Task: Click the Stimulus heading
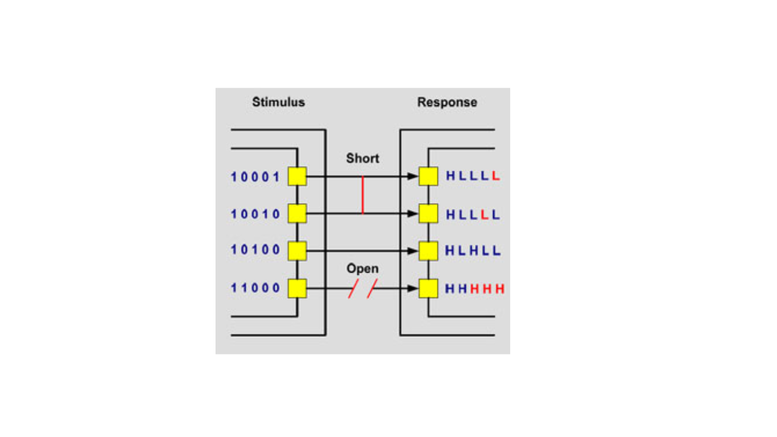(279, 102)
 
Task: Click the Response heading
(447, 102)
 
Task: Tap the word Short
(362, 158)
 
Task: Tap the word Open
(362, 269)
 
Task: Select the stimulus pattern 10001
(255, 177)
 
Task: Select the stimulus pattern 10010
(255, 214)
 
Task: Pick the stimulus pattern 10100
(255, 250)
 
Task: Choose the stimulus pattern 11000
(255, 288)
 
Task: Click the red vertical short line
(363, 195)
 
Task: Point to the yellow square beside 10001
(297, 176)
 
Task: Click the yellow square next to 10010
(297, 213)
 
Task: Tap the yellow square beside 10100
(297, 251)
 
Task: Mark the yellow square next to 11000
(297, 288)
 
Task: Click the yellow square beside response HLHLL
(428, 251)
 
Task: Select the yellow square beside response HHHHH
(428, 288)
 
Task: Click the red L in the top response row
(495, 176)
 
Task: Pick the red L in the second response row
(485, 215)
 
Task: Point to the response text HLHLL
(473, 250)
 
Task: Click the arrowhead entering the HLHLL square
(413, 251)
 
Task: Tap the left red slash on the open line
(353, 288)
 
